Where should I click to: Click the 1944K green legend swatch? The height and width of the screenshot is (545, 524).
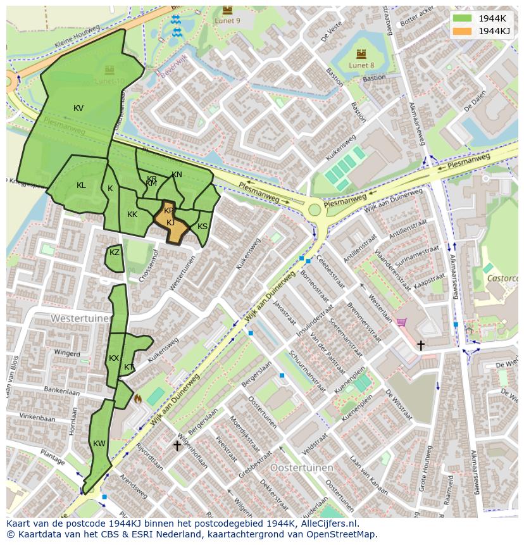pyautogui.click(x=463, y=18)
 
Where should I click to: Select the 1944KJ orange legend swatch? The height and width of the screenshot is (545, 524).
pyautogui.click(x=463, y=31)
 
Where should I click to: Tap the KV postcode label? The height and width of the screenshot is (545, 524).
pyautogui.click(x=78, y=108)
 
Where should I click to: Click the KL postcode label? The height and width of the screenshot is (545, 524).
pyautogui.click(x=81, y=185)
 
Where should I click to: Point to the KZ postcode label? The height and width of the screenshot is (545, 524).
pyautogui.click(x=115, y=253)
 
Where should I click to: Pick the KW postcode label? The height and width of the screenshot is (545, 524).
pyautogui.click(x=99, y=444)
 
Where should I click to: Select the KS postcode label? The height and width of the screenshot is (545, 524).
pyautogui.click(x=203, y=227)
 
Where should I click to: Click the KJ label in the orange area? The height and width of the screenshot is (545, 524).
pyautogui.click(x=171, y=223)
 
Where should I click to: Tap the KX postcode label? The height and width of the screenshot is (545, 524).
pyautogui.click(x=114, y=358)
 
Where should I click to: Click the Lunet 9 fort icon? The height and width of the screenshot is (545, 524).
pyautogui.click(x=227, y=10)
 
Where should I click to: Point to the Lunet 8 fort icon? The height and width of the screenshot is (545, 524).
pyautogui.click(x=361, y=54)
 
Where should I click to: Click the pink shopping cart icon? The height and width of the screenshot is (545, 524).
pyautogui.click(x=401, y=322)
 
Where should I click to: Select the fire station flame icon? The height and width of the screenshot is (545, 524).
pyautogui.click(x=137, y=399)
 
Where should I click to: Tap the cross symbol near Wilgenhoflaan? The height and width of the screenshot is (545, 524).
pyautogui.click(x=177, y=446)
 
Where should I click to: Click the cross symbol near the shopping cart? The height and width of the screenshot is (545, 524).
pyautogui.click(x=421, y=345)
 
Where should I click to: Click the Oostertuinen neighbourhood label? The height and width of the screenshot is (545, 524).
pyautogui.click(x=301, y=467)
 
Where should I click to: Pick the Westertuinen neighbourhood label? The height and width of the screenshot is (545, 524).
pyautogui.click(x=80, y=318)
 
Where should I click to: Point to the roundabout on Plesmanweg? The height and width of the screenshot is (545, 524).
pyautogui.click(x=314, y=210)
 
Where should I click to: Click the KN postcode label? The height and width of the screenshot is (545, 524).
pyautogui.click(x=177, y=175)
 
